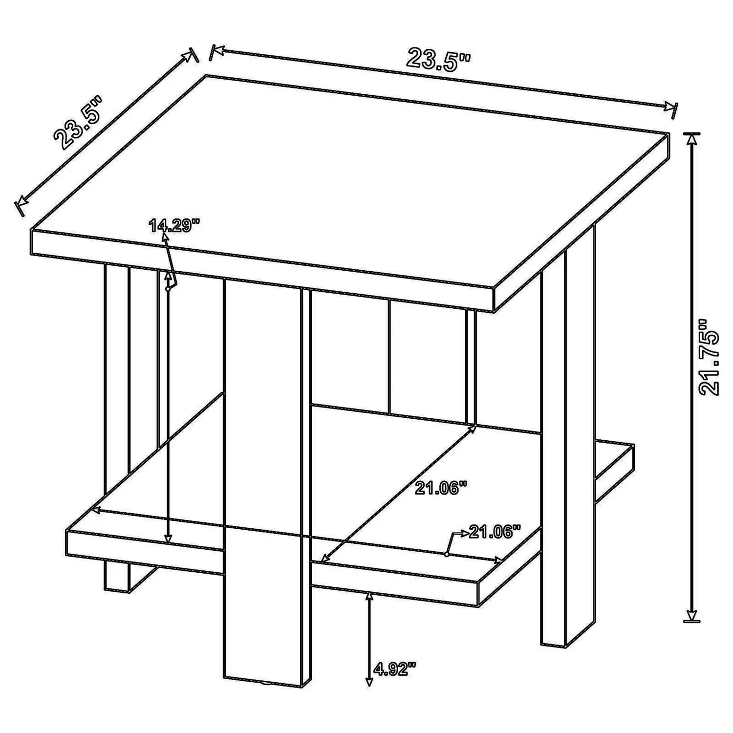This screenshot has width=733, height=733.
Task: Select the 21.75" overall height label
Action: (x=709, y=358)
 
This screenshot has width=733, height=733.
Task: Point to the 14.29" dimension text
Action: (x=175, y=226)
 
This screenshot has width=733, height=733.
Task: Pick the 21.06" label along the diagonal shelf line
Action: (x=438, y=488)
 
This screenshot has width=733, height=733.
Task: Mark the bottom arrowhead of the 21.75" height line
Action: (x=691, y=615)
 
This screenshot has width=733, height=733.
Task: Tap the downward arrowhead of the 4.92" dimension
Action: (x=369, y=681)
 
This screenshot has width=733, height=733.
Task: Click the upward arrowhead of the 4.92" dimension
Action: (x=369, y=596)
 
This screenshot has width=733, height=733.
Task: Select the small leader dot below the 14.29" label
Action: (x=168, y=289)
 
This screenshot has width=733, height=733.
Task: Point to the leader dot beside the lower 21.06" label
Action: (x=447, y=554)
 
